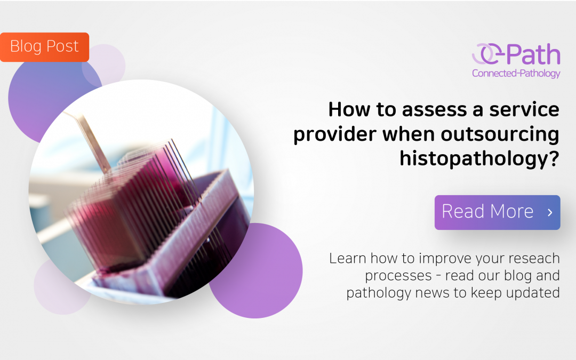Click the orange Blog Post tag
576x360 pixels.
click(x=44, y=47)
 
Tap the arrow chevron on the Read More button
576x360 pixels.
click(x=550, y=212)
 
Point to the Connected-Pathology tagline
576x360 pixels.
click(x=516, y=73)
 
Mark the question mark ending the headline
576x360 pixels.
click(x=553, y=158)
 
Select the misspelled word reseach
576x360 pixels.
click(x=533, y=259)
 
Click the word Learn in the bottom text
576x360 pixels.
click(x=347, y=259)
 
